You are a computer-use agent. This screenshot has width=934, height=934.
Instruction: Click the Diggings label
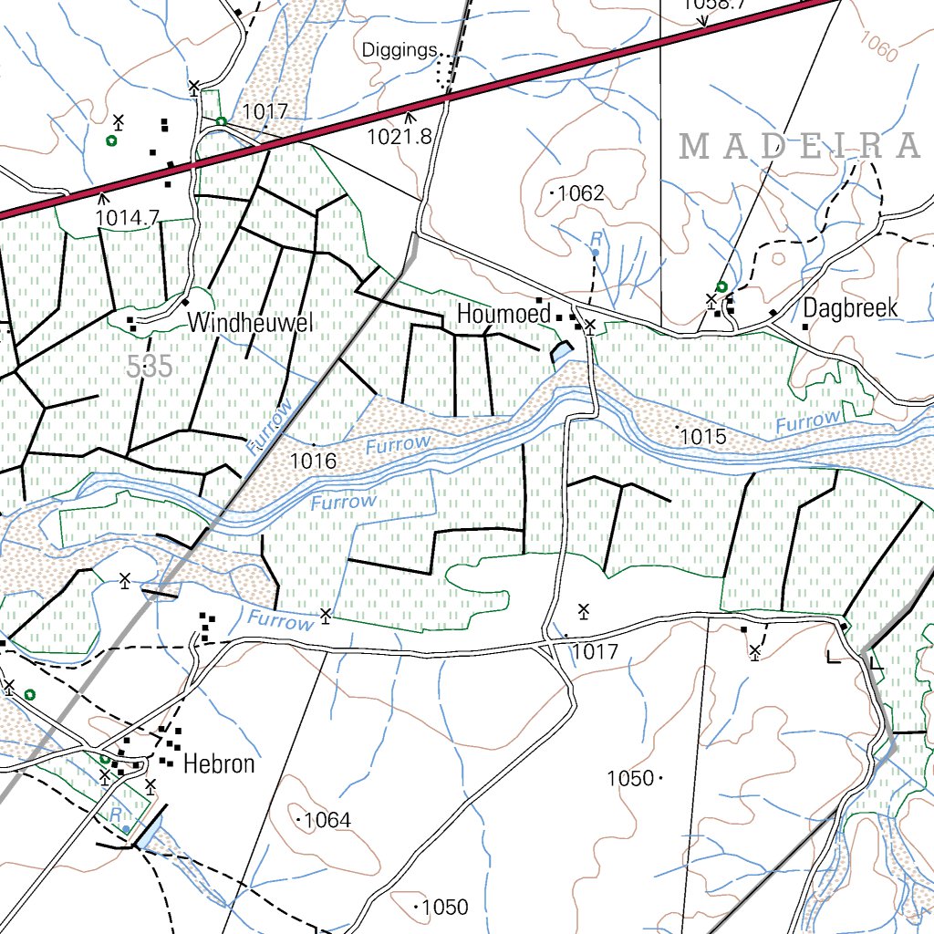click(x=400, y=50)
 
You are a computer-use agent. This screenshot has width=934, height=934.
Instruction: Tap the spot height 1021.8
click(x=399, y=137)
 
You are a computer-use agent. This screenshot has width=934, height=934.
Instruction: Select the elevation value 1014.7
click(x=127, y=217)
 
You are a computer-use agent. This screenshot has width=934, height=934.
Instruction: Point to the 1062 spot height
click(x=580, y=193)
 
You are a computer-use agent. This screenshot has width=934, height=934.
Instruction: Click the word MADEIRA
click(x=800, y=146)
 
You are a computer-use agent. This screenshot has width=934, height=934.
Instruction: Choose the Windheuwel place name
click(x=251, y=322)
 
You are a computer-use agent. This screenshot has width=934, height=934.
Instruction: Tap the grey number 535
click(x=150, y=368)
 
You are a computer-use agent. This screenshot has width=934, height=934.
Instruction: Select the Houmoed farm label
click(x=503, y=315)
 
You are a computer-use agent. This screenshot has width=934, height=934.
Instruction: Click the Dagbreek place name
click(x=850, y=308)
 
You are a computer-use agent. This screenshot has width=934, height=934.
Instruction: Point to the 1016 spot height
click(x=313, y=461)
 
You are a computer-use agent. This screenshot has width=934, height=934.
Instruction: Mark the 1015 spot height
click(x=703, y=437)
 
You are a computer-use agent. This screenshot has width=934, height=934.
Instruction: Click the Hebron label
click(x=219, y=763)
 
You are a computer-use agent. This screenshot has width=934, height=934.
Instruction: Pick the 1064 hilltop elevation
click(x=327, y=820)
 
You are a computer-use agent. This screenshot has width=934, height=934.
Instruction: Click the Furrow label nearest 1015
click(x=808, y=421)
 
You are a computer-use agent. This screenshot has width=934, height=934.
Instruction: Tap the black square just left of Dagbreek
click(x=805, y=327)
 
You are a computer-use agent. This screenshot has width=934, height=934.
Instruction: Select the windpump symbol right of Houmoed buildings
click(x=590, y=326)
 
